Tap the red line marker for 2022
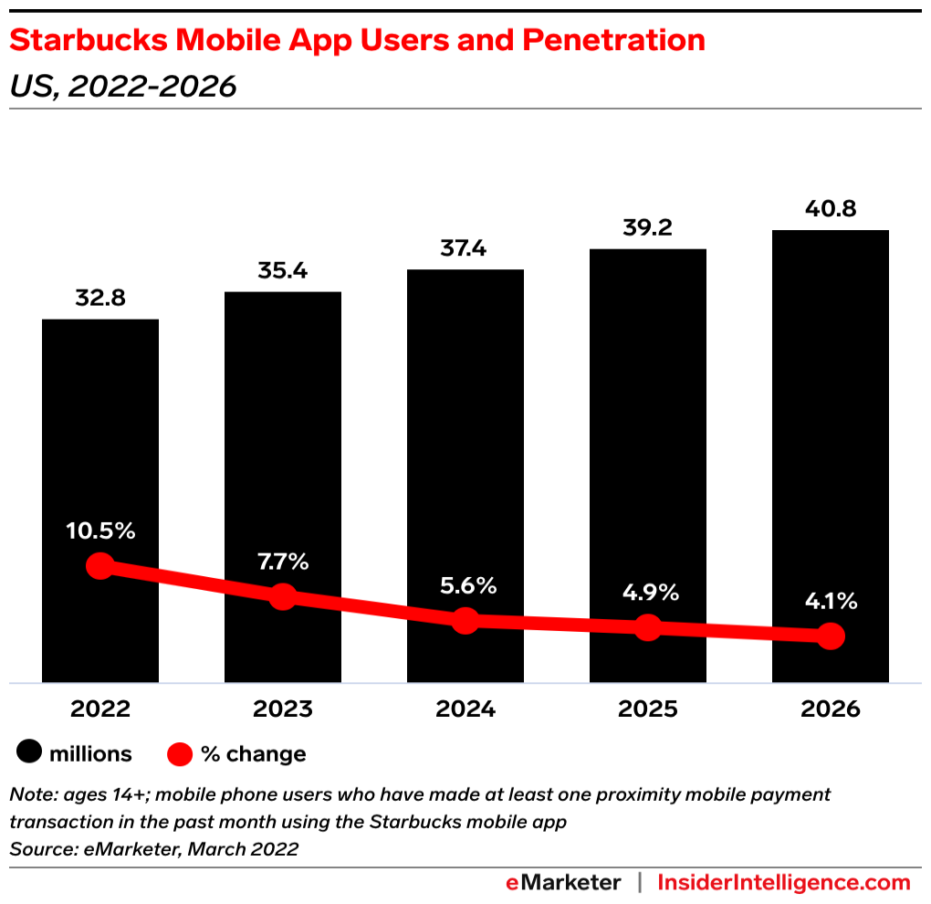tap(100, 566)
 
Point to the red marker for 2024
tap(465, 621)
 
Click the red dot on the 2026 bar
tap(830, 636)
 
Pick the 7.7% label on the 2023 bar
tap(283, 562)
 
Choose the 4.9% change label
tap(647, 593)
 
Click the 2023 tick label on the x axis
tap(283, 710)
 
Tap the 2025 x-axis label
tap(647, 710)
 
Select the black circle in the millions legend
tap(29, 754)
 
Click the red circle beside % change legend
tap(180, 754)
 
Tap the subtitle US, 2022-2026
tap(122, 87)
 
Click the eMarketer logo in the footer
tap(563, 883)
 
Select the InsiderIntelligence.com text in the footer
tap(783, 883)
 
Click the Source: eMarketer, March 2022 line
tap(153, 849)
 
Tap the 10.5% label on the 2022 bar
tap(100, 530)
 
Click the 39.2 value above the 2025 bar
tap(647, 227)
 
